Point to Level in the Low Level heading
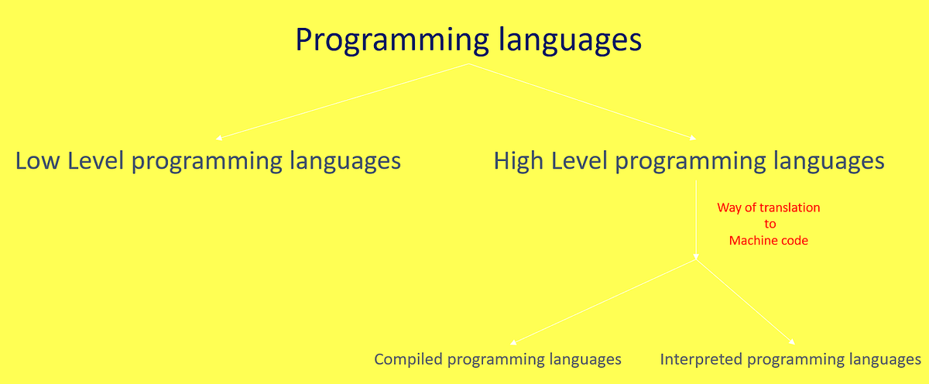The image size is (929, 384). point(96,161)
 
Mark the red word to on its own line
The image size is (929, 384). point(770,224)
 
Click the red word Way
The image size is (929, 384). point(729,207)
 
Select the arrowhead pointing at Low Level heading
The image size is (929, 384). point(219,138)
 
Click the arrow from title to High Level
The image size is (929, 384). point(581,101)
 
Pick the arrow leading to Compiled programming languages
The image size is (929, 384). point(604,302)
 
